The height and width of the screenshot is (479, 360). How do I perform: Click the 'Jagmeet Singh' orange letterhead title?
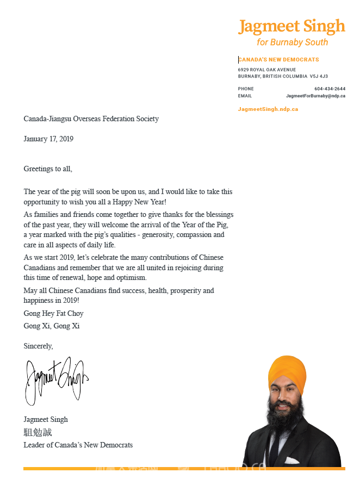(x=291, y=27)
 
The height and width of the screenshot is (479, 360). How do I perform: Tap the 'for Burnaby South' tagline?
(x=293, y=42)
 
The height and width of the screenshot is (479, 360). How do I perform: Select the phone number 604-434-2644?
(x=330, y=89)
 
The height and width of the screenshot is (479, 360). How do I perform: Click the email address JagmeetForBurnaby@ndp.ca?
(x=315, y=96)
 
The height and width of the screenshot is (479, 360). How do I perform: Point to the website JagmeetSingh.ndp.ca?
(x=268, y=109)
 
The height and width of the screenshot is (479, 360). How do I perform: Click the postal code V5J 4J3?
(x=319, y=76)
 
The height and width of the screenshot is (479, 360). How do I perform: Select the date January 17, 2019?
(x=48, y=139)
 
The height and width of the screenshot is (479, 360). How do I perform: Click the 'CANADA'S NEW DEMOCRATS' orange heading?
(x=279, y=60)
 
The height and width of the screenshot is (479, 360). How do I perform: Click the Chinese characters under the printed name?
(x=38, y=432)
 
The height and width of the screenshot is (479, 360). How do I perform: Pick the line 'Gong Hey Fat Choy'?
(x=53, y=314)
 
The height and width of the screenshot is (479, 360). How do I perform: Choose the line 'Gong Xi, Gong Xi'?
(x=52, y=326)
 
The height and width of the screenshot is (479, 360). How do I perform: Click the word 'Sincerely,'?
(x=38, y=346)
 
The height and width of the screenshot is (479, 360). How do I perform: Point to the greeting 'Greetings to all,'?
(x=48, y=169)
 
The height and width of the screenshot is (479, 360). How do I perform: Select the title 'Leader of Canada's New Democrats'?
(x=78, y=445)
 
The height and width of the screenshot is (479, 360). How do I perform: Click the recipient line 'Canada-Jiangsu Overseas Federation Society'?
(x=91, y=119)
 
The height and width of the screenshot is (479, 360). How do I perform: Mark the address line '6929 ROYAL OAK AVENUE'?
(x=267, y=70)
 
